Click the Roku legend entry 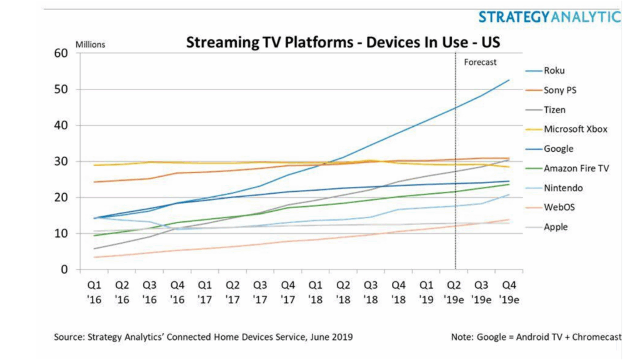click(554, 71)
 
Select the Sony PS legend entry click(560, 90)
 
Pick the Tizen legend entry click(555, 109)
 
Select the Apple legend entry click(556, 227)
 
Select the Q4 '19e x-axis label click(509, 292)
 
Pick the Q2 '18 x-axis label click(343, 292)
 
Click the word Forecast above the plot click(480, 62)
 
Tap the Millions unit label click(90, 44)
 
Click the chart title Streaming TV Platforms click(343, 42)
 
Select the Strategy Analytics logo click(549, 17)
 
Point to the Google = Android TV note click(536, 337)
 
